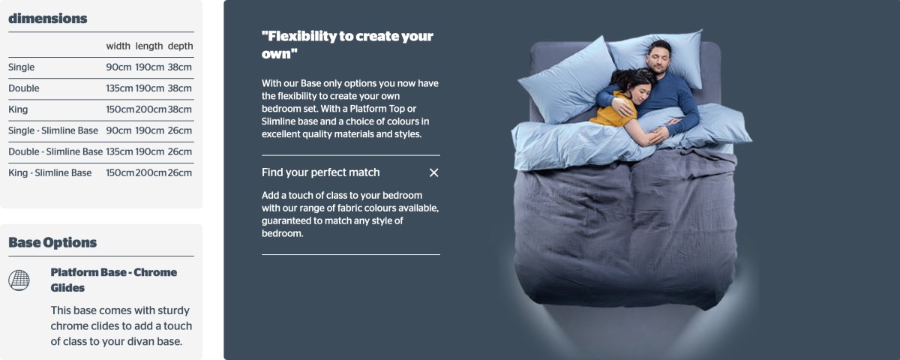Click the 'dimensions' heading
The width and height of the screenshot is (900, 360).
tap(48, 19)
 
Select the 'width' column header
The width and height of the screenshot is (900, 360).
tap(118, 46)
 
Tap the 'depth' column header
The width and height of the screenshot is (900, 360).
tap(181, 46)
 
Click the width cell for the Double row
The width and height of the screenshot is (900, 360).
tap(119, 88)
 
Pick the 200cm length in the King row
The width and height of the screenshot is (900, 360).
tap(151, 109)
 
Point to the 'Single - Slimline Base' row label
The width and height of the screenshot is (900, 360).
tap(53, 130)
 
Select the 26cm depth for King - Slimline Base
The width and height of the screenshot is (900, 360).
tap(179, 172)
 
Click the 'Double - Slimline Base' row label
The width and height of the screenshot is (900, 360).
tap(55, 151)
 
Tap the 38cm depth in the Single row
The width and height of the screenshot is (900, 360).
tap(179, 67)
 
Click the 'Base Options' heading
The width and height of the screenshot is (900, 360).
tap(52, 243)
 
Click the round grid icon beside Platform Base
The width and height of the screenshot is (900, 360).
tap(19, 280)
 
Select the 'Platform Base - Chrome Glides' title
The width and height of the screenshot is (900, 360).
tap(114, 280)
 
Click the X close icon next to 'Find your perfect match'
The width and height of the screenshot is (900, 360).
tap(434, 172)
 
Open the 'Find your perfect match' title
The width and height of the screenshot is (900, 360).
tap(321, 172)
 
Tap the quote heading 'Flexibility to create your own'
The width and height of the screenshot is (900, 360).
tap(347, 44)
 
